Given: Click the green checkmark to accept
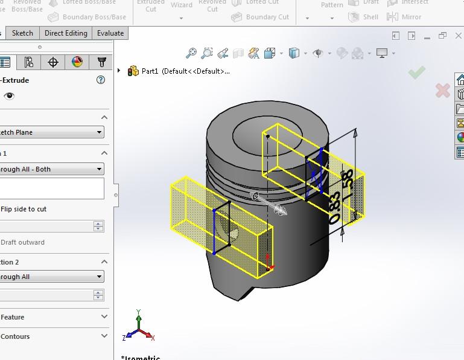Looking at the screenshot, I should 416,73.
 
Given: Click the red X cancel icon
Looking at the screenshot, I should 442,91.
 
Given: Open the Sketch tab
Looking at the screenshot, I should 23,33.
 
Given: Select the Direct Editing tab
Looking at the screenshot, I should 66,33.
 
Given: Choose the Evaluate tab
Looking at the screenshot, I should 110,33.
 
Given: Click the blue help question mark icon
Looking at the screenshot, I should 101,80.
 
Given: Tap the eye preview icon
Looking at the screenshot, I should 9,96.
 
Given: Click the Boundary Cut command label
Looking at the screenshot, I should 267,17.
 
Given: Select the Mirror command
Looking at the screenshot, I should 412,17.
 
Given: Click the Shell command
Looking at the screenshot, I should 370,17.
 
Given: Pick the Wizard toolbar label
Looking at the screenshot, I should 181,5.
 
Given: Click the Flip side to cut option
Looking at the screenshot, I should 24,209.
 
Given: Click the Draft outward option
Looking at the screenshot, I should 23,242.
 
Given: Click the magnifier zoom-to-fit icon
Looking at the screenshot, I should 191,53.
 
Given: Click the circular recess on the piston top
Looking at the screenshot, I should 253,129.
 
